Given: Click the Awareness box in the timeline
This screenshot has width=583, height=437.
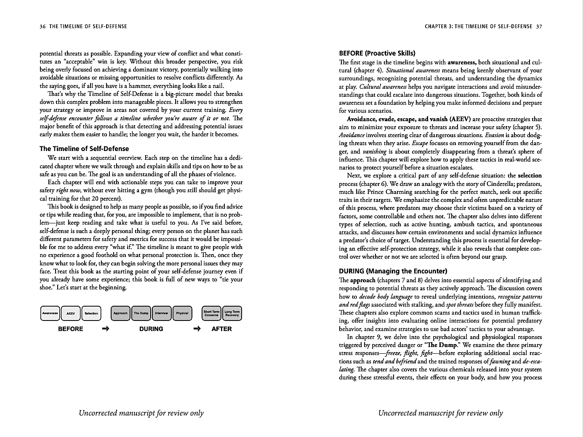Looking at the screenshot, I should tap(50, 313).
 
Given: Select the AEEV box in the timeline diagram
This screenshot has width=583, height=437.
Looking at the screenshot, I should tap(71, 313).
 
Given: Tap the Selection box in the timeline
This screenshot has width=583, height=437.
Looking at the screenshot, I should tap(91, 313).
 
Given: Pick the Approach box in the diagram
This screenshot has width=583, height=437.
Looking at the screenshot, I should tap(120, 313).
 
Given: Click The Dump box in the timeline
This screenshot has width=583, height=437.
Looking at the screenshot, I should tap(141, 313).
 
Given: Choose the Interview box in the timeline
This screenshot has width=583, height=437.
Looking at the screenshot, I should tap(161, 313).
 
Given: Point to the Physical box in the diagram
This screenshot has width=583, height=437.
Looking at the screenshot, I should tap(182, 313).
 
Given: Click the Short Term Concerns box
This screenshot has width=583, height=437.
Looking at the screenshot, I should tap(211, 313).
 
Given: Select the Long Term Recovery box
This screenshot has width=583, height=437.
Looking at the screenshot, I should tap(232, 313).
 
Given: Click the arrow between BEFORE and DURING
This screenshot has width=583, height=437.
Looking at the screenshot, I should tap(106, 329).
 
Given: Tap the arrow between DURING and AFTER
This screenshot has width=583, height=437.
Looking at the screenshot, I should tap(197, 329).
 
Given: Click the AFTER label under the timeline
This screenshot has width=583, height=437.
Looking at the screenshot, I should tap(221, 329).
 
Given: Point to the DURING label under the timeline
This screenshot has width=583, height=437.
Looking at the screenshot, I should tap(151, 329).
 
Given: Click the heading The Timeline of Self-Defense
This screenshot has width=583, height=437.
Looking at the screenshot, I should tap(84, 148).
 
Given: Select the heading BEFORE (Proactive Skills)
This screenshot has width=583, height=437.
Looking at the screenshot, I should tap(377, 53).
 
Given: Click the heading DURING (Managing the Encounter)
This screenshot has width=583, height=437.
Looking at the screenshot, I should tap(393, 271).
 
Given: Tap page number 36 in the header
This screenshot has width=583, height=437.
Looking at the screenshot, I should tap(43, 26).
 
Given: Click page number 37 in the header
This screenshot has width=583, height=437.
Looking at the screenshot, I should tap(539, 26).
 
